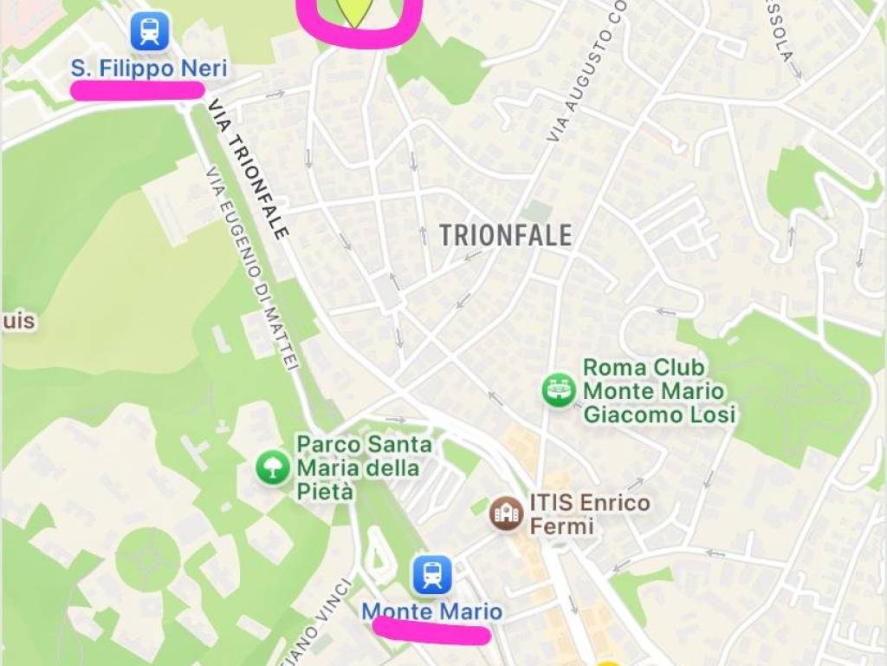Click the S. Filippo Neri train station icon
pyautogui.click(x=150, y=32)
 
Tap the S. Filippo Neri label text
pyautogui.click(x=149, y=69)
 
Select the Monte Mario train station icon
pyautogui.click(x=431, y=574)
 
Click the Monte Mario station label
pyautogui.click(x=431, y=611)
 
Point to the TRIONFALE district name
pyautogui.click(x=506, y=235)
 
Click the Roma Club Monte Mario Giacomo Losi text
pyautogui.click(x=658, y=392)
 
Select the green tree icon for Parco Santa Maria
pyautogui.click(x=273, y=467)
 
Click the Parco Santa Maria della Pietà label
pyautogui.click(x=364, y=468)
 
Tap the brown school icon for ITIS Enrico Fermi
pyautogui.click(x=507, y=513)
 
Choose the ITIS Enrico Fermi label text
pyautogui.click(x=589, y=513)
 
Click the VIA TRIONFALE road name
pyautogui.click(x=247, y=168)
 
